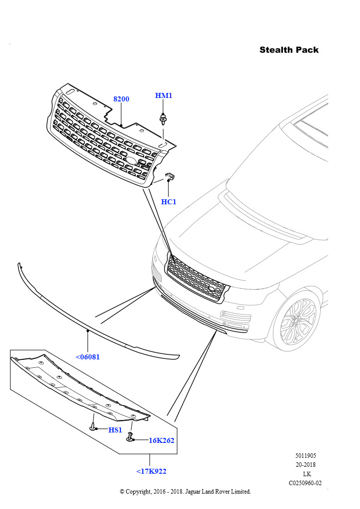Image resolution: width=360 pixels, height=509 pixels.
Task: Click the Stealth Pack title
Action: (289, 50)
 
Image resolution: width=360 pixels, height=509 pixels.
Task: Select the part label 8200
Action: (121, 99)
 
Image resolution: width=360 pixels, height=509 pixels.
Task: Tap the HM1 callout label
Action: (164, 95)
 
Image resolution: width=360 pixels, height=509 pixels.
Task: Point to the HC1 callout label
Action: (169, 202)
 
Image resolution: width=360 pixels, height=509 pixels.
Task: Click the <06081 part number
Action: (88, 357)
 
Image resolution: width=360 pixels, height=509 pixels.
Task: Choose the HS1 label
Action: (115, 430)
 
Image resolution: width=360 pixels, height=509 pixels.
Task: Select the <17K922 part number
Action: (151, 471)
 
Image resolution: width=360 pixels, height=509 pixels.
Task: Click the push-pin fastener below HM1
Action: (163, 119)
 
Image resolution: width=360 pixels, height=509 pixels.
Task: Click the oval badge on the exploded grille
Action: (130, 161)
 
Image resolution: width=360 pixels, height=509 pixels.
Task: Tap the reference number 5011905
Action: (305, 455)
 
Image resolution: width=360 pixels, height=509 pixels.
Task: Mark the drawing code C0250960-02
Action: (305, 483)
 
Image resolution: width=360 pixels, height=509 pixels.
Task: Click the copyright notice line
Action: (185, 492)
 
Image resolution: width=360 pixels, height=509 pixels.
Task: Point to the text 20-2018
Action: (305, 465)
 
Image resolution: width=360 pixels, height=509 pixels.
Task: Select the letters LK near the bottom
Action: (307, 474)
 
